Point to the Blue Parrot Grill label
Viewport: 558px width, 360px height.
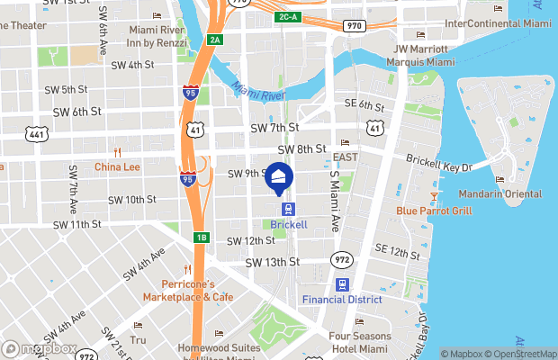[x=434, y=211]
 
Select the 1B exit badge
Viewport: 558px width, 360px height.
[x=202, y=238]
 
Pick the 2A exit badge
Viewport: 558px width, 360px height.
[x=215, y=40]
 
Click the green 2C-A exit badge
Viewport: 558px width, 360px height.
[x=288, y=17]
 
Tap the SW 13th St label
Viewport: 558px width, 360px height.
[x=272, y=262]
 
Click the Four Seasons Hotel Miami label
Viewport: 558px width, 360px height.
[x=361, y=342]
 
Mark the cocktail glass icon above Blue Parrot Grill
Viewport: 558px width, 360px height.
[x=434, y=195]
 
